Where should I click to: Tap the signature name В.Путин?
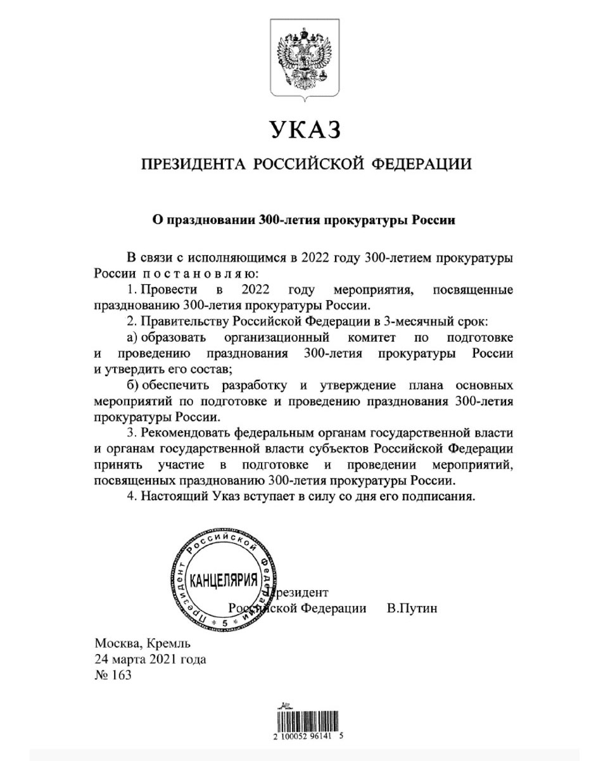412,608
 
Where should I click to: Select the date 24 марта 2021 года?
150,660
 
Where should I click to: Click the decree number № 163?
113,675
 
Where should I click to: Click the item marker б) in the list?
132,385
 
